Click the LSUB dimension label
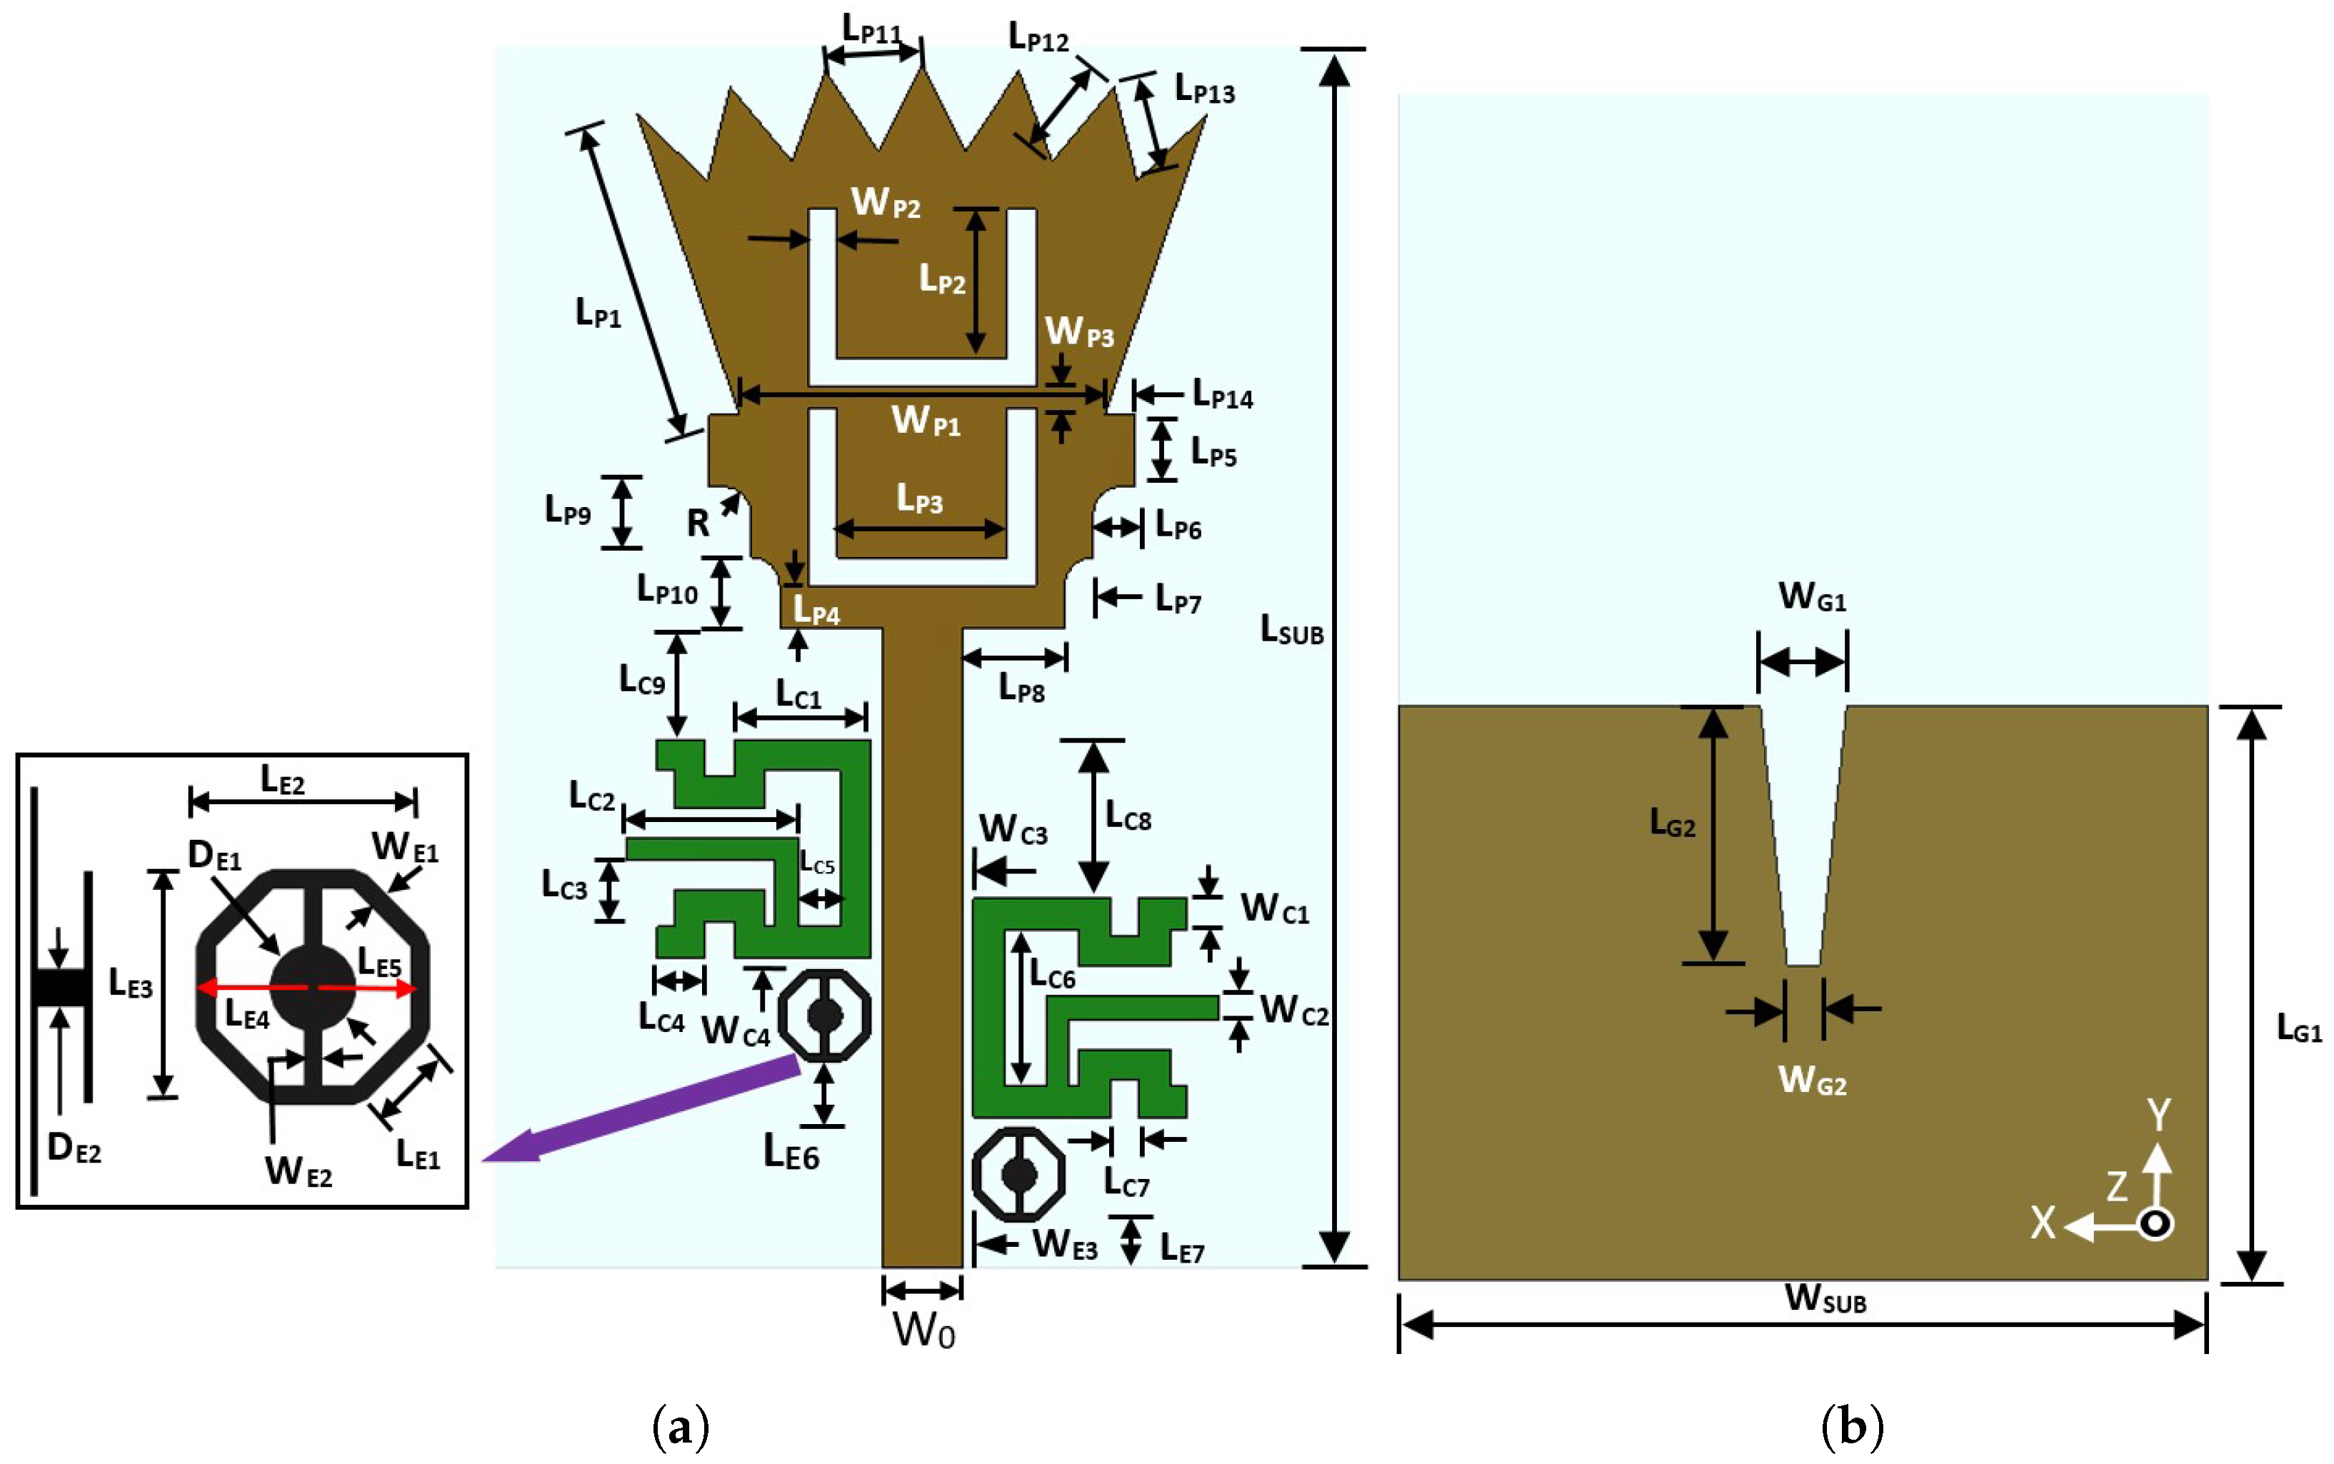[x=1291, y=631]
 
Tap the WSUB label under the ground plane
[x=1825, y=1298]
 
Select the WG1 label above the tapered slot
[x=1811, y=596]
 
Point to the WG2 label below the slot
[x=1811, y=1080]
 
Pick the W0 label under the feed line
[x=923, y=1331]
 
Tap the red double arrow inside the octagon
[x=307, y=988]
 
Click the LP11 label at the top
[x=871, y=30]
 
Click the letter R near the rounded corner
[x=698, y=523]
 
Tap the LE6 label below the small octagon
[x=791, y=1153]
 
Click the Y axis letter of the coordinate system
[x=2158, y=1115]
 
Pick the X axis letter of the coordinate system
[x=2043, y=1223]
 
